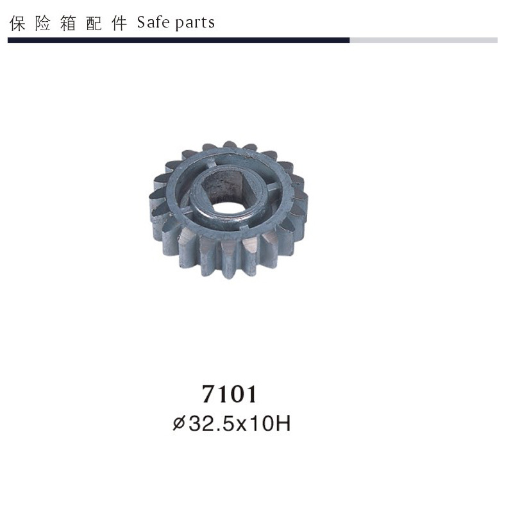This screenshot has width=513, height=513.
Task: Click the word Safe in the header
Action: tap(153, 23)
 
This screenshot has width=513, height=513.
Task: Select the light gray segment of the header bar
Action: tap(423, 40)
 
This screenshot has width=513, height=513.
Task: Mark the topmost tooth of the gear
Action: tap(229, 145)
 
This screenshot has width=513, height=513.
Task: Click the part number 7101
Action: tap(229, 394)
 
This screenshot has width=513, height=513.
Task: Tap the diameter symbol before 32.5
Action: tap(179, 424)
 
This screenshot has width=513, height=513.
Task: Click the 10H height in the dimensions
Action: tap(271, 424)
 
